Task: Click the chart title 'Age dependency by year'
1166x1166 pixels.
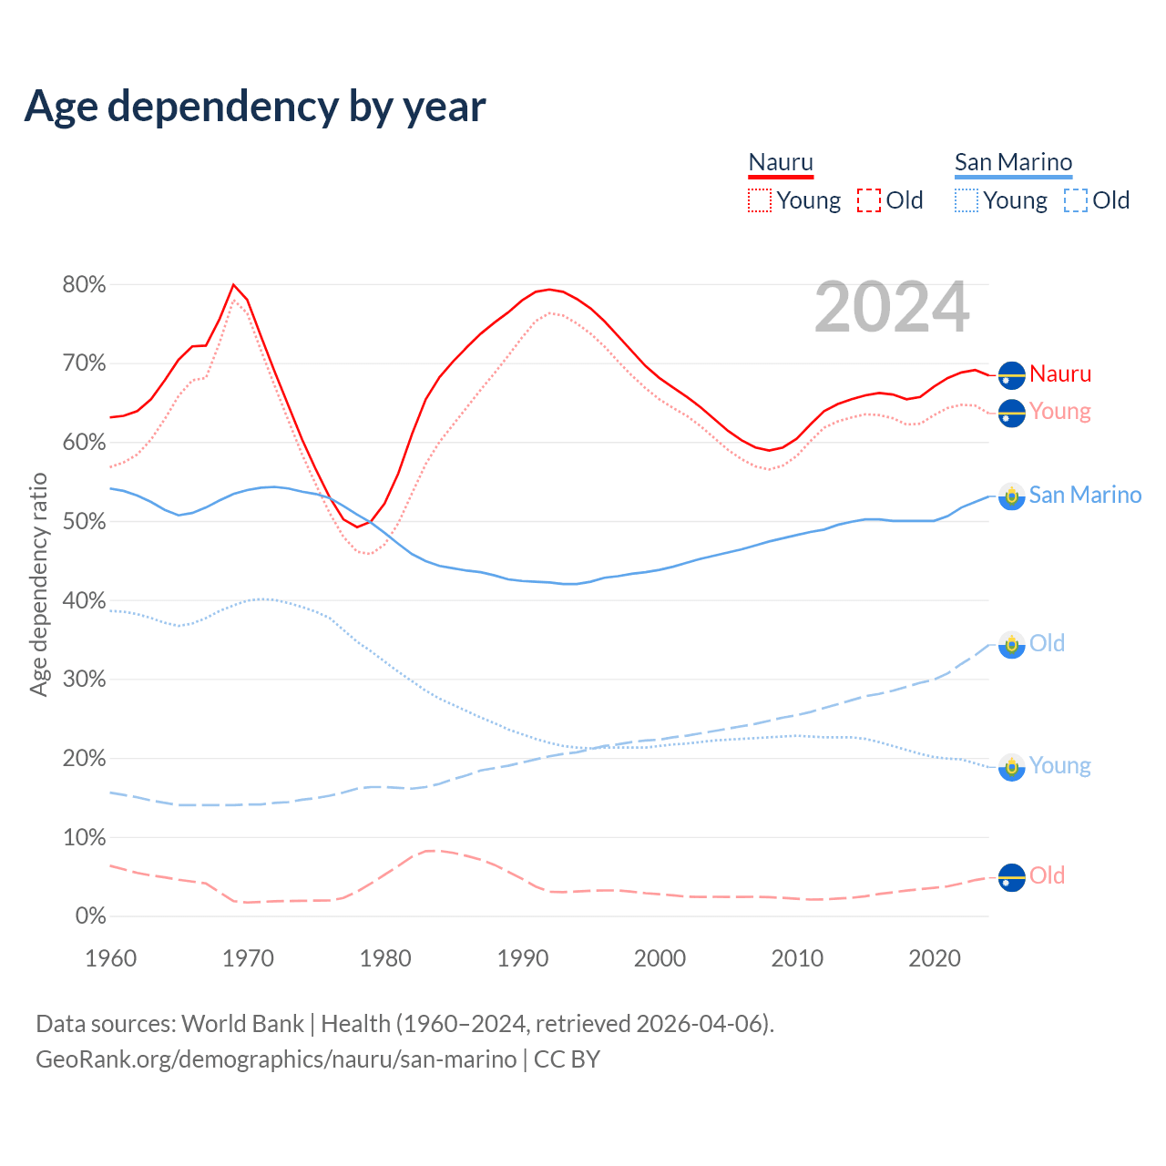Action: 255,107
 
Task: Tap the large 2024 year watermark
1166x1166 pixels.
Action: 892,307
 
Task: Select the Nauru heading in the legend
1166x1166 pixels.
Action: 781,163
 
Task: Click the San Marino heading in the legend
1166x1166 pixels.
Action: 1013,163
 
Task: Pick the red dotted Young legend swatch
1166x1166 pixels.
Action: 760,200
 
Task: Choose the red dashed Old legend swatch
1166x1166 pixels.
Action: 869,200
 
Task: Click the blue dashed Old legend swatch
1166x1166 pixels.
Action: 1076,200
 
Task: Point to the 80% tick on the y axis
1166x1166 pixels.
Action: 84,285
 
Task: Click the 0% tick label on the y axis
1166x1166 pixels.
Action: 90,916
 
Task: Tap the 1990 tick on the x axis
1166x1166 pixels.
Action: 523,958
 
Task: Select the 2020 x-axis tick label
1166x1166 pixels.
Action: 935,958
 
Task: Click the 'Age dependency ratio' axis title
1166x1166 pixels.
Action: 38,584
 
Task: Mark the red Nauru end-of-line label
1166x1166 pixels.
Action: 1060,374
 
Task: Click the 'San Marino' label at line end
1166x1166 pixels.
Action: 1085,496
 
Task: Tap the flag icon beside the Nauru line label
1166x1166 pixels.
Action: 1011,374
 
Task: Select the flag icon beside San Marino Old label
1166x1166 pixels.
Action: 1011,644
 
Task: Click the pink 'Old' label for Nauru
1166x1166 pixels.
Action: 1047,876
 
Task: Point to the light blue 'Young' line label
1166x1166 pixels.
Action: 1059,766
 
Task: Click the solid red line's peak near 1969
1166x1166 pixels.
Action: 233,285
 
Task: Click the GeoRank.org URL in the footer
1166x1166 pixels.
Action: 276,1059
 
